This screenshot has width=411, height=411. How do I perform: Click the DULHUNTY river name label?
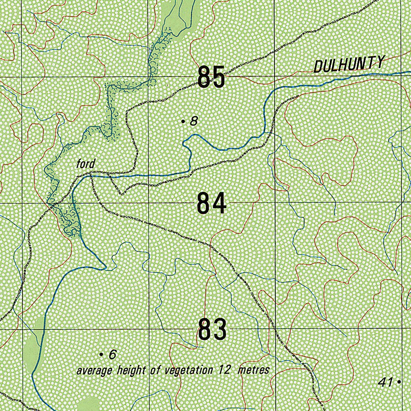(349, 64)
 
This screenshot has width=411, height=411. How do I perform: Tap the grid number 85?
(211, 77)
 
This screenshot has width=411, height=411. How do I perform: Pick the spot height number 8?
(194, 121)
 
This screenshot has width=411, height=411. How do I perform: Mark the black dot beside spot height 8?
(183, 121)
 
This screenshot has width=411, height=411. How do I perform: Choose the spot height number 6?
(112, 354)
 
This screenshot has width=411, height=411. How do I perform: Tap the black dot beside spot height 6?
(101, 354)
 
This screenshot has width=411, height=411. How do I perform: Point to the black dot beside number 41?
(399, 383)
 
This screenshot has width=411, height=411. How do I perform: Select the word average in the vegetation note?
(94, 370)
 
